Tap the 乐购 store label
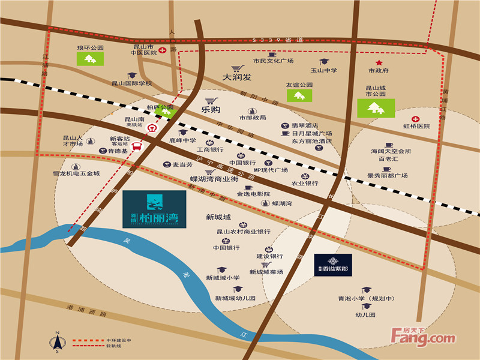point(211,110)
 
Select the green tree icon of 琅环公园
point(90,58)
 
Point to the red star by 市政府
point(379,62)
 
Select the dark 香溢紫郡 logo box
point(333,265)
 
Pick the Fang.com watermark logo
point(424,337)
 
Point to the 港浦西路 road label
point(86,314)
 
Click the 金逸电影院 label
point(254,194)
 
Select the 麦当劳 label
point(182,164)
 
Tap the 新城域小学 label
point(223,278)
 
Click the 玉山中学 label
point(325,70)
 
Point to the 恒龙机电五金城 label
point(76,174)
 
